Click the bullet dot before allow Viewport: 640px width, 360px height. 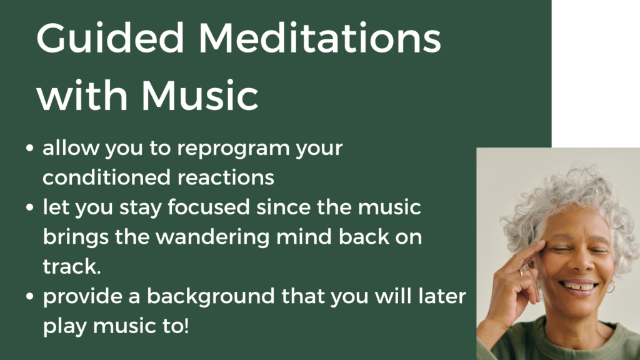[x=30, y=149]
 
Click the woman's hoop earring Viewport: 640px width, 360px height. [x=610, y=287]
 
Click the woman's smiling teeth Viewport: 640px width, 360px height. [x=578, y=287]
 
